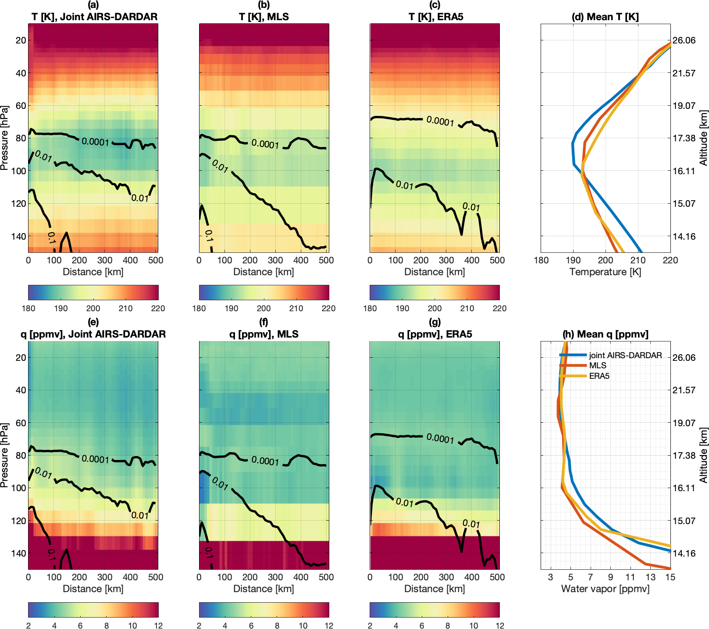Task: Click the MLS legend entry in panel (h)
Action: tap(597, 365)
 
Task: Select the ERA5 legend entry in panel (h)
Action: tap(599, 376)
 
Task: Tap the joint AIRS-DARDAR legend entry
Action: tap(625, 355)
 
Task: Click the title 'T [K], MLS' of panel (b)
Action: tap(264, 17)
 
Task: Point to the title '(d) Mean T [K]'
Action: tap(605, 17)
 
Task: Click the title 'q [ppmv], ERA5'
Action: tap(435, 334)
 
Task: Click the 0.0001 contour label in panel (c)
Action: tap(440, 121)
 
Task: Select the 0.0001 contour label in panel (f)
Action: tap(265, 461)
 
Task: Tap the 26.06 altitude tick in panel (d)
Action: tap(684, 40)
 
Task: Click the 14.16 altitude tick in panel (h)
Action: tap(684, 553)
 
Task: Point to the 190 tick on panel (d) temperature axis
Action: tap(573, 260)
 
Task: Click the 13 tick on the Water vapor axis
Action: tap(650, 577)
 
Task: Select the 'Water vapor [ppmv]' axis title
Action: tap(605, 589)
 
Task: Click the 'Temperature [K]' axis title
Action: tap(605, 272)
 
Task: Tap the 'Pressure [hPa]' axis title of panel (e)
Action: tap(5, 455)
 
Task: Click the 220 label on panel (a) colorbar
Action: tap(158, 308)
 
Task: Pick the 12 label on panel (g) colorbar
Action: tap(499, 625)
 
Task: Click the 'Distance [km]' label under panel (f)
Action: tap(264, 589)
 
